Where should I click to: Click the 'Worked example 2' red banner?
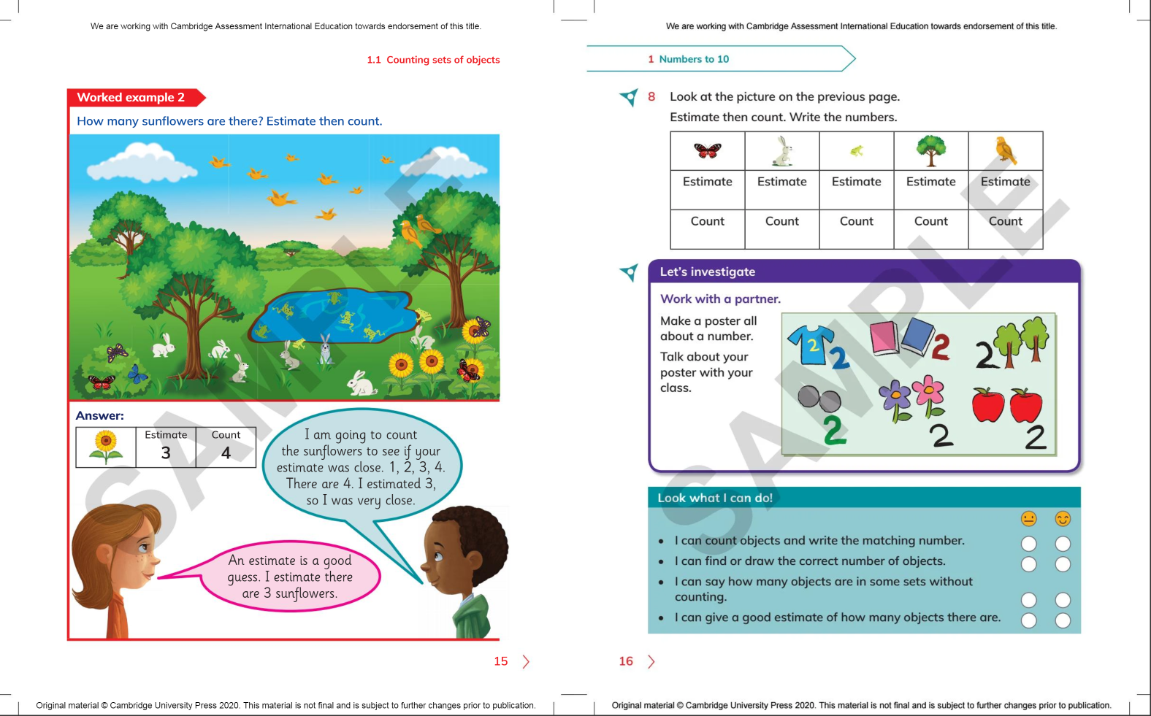(132, 98)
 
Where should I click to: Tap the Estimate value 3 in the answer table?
(166, 453)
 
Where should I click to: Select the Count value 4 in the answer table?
(226, 453)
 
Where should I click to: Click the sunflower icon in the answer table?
(106, 447)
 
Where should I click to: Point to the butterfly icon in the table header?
(707, 150)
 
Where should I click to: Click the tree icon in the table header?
(931, 150)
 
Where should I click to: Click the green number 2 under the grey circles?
(834, 430)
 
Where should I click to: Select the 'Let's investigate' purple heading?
(708, 272)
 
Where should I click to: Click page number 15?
(500, 661)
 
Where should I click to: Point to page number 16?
(626, 661)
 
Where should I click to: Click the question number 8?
(651, 96)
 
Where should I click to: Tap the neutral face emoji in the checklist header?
(1028, 519)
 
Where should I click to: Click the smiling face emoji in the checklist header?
(1063, 519)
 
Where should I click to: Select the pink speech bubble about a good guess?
(290, 577)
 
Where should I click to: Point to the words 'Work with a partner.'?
(720, 299)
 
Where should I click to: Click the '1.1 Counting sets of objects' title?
(433, 60)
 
